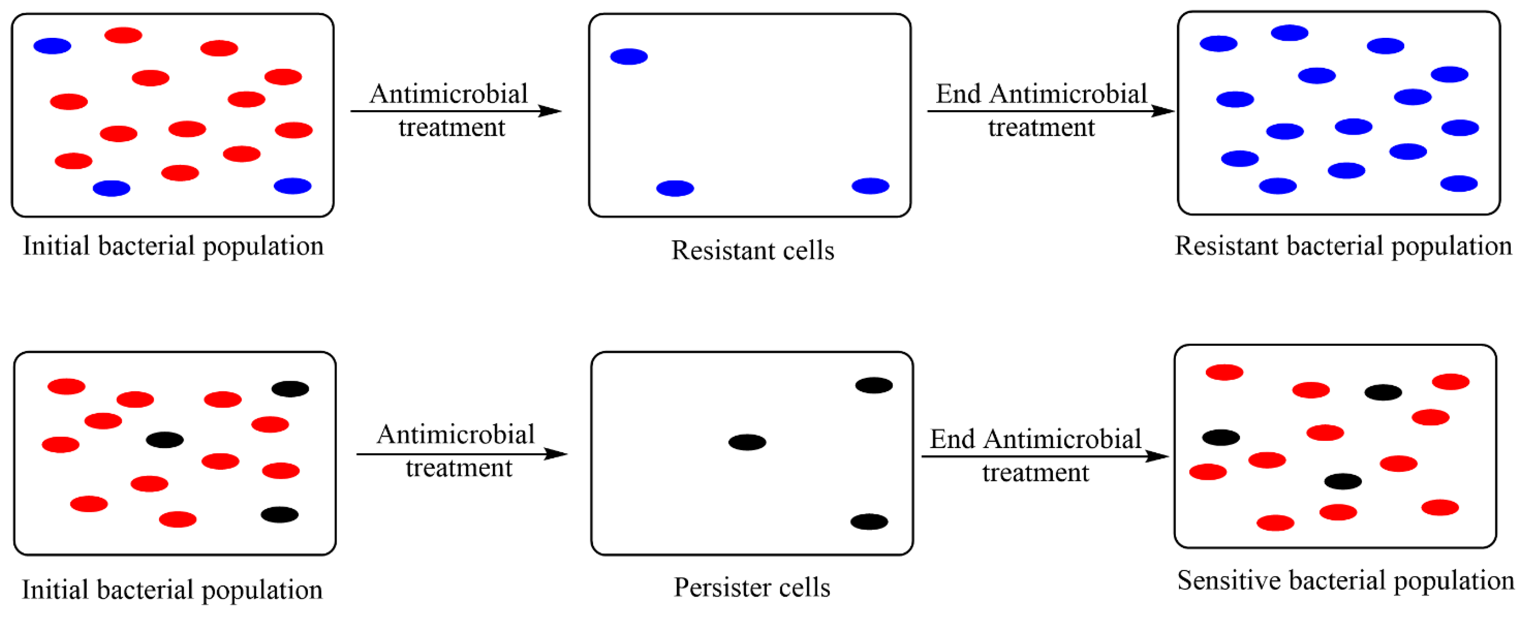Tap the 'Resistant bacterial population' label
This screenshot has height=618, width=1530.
[x=1343, y=246]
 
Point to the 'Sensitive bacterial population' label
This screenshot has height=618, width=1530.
[x=1345, y=581]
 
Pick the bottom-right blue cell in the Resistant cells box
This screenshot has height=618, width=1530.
[x=870, y=186]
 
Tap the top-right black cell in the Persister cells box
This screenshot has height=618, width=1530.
[x=874, y=385]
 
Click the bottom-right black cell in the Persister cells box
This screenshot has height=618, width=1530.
[x=869, y=522]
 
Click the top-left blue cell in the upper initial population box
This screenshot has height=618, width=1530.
[x=52, y=46]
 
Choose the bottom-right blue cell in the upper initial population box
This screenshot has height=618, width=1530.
[x=292, y=186]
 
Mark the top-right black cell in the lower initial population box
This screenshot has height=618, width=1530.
[x=290, y=389]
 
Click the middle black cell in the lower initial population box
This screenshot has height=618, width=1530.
[x=164, y=440]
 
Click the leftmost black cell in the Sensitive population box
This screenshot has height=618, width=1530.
[x=1221, y=437]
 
